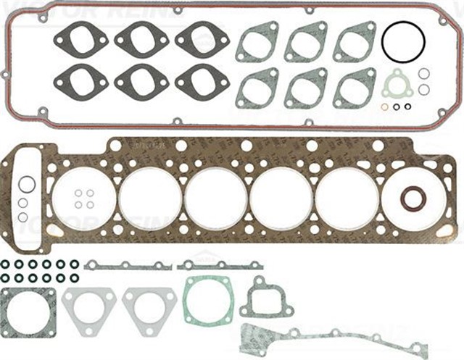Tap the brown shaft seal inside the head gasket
(413, 197)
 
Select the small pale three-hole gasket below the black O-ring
(397, 85)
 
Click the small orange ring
(384, 107)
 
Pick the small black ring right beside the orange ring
(397, 107)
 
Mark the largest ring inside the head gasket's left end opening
(28, 184)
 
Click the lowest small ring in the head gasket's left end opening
(23, 217)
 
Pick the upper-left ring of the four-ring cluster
(78, 193)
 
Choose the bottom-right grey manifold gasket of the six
(355, 87)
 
